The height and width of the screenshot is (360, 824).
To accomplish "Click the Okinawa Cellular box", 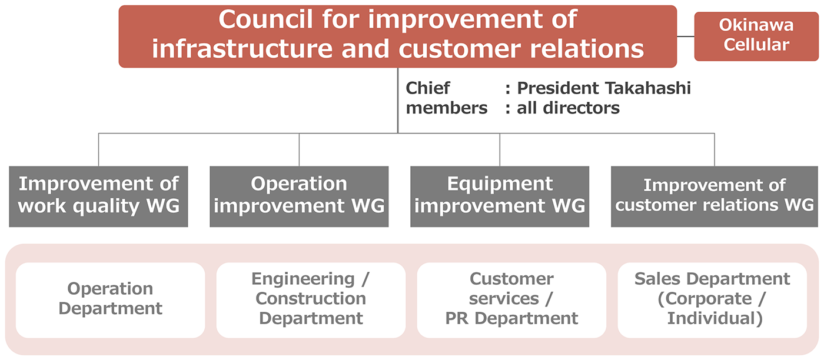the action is click(756, 36).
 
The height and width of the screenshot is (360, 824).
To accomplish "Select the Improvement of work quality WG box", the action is click(99, 196).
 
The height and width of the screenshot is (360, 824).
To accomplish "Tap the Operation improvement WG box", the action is click(299, 196).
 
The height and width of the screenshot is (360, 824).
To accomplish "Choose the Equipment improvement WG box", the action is click(500, 196).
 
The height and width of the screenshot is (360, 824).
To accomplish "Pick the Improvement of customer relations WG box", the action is click(715, 196).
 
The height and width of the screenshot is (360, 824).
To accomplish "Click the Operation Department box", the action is click(111, 300).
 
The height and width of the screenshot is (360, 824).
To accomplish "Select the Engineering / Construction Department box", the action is click(311, 300).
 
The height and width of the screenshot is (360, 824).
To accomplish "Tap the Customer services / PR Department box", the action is click(511, 300).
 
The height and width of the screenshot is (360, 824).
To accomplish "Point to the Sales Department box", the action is click(712, 300).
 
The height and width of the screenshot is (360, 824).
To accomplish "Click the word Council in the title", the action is click(265, 19).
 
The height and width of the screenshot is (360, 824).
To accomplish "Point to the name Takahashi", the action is click(648, 88).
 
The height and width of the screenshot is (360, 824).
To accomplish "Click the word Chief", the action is click(427, 88).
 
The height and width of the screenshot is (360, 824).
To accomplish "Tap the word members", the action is click(447, 108).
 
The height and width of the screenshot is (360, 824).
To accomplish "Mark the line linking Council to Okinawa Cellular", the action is click(685, 36).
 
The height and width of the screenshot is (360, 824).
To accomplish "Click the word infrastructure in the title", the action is click(242, 49).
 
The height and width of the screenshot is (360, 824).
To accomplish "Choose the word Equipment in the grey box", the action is click(500, 184).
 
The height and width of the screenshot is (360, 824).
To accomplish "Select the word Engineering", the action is click(303, 279).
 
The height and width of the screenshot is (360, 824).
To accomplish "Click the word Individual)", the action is click(715, 318).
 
